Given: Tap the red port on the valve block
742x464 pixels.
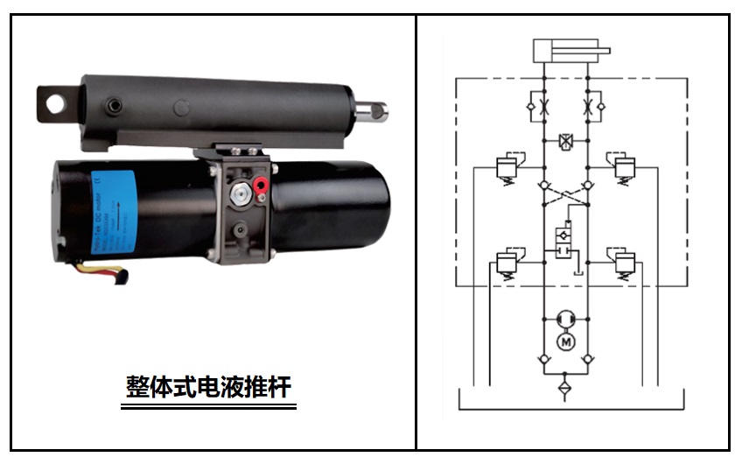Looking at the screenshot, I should click(259, 186).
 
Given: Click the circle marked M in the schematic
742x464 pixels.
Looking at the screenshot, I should click(565, 340).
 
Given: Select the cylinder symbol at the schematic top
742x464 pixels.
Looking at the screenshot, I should click(565, 50).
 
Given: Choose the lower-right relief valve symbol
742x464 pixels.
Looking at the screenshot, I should click(624, 262).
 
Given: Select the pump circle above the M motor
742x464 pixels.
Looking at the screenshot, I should click(565, 317).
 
